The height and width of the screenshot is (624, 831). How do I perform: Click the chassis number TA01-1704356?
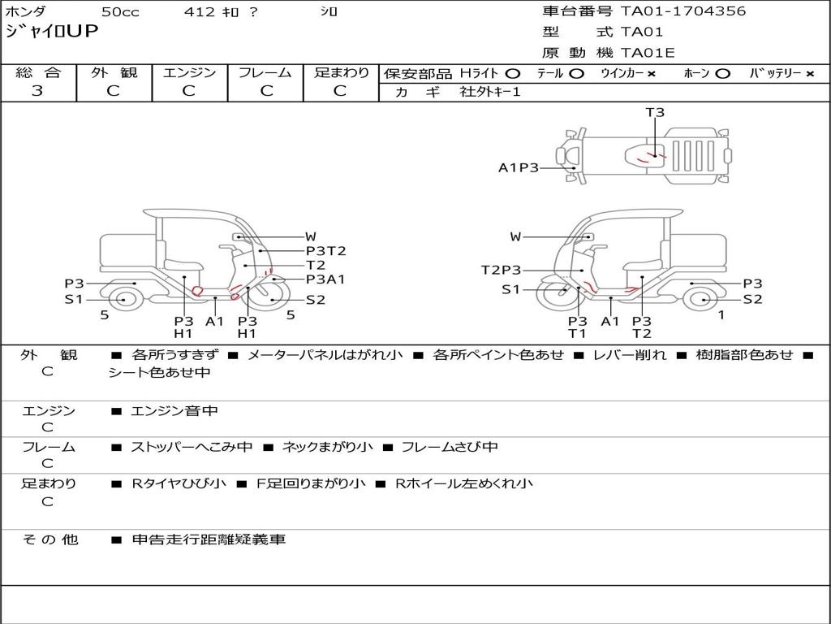pos(683,11)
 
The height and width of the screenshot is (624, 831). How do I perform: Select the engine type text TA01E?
pos(648,53)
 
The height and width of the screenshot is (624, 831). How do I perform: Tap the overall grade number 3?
pos(37,91)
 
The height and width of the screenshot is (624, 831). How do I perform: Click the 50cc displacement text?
pos(120,11)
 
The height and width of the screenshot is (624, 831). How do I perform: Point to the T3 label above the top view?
pos(655,112)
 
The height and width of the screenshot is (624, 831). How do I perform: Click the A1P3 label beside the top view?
pos(519,168)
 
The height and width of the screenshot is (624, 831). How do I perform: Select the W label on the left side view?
pos(311,236)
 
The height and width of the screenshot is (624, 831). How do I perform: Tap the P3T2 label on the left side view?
pos(326,251)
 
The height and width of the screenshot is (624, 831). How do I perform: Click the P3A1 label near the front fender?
pos(325,279)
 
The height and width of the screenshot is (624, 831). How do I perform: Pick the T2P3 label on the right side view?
pos(501,270)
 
